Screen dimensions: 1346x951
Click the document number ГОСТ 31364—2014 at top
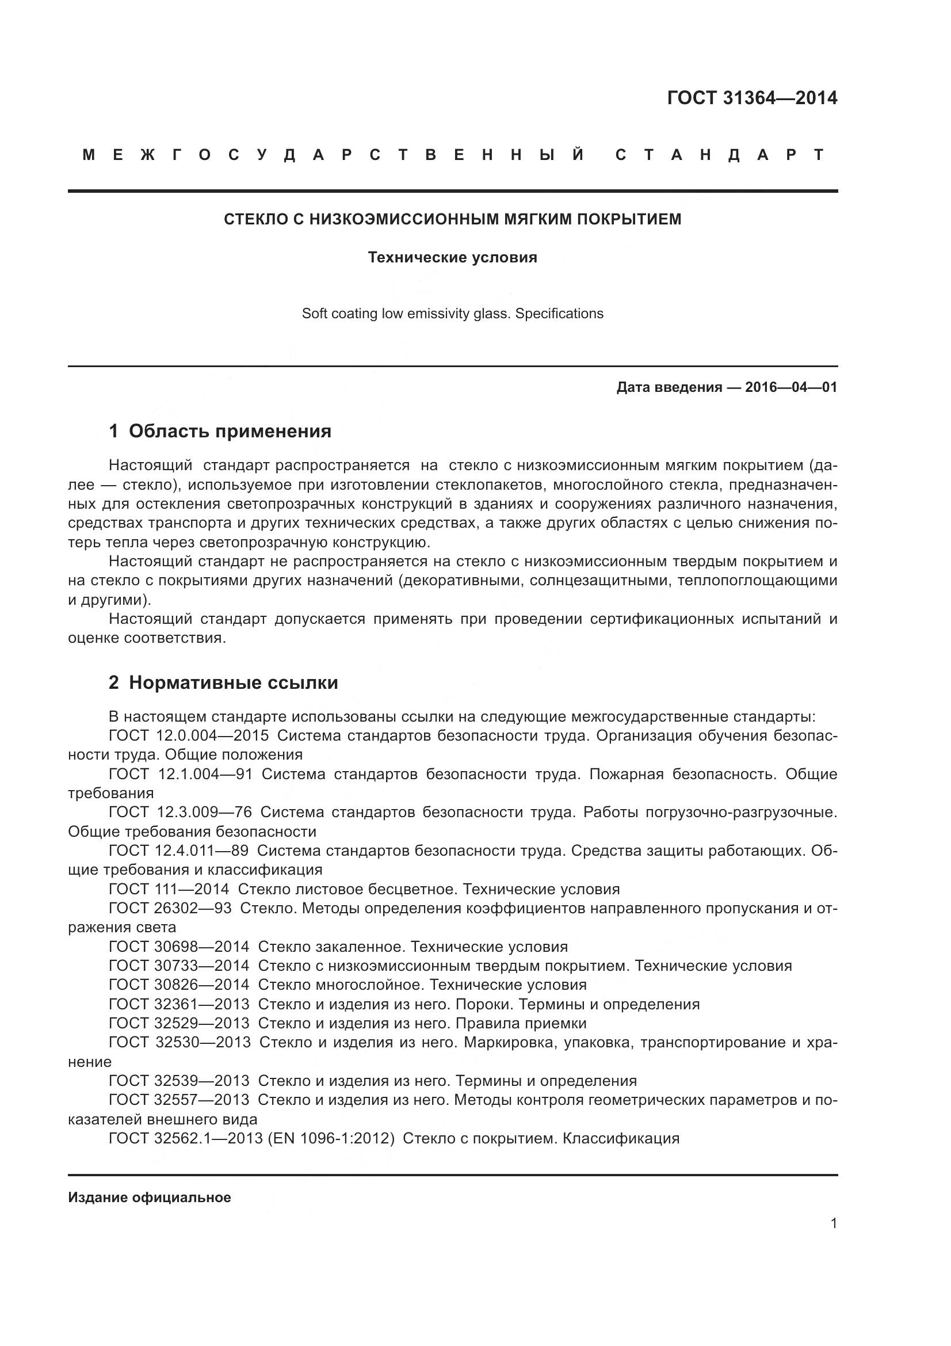752,98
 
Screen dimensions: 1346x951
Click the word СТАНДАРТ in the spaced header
720,155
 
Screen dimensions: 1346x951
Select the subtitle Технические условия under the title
452,257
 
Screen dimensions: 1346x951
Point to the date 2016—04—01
790,387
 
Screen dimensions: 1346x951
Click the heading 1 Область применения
220,432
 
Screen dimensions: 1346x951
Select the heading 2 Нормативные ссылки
223,682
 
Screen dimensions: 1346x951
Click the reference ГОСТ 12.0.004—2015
189,735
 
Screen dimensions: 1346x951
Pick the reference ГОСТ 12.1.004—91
181,774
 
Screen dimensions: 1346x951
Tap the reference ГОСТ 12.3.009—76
180,812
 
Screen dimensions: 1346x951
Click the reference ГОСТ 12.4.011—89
178,850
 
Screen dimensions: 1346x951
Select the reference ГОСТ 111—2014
169,889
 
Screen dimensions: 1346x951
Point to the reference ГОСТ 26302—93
170,908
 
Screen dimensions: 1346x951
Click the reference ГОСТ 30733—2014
179,966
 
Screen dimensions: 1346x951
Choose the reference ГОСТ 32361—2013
179,1004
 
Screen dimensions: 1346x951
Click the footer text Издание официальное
150,1198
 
